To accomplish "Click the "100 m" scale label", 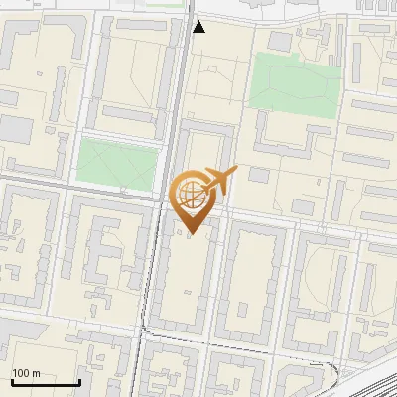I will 26,372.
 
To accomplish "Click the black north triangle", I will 198,27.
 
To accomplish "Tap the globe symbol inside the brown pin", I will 191,194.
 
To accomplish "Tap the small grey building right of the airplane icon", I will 259,176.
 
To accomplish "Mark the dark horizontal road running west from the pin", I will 79,188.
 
